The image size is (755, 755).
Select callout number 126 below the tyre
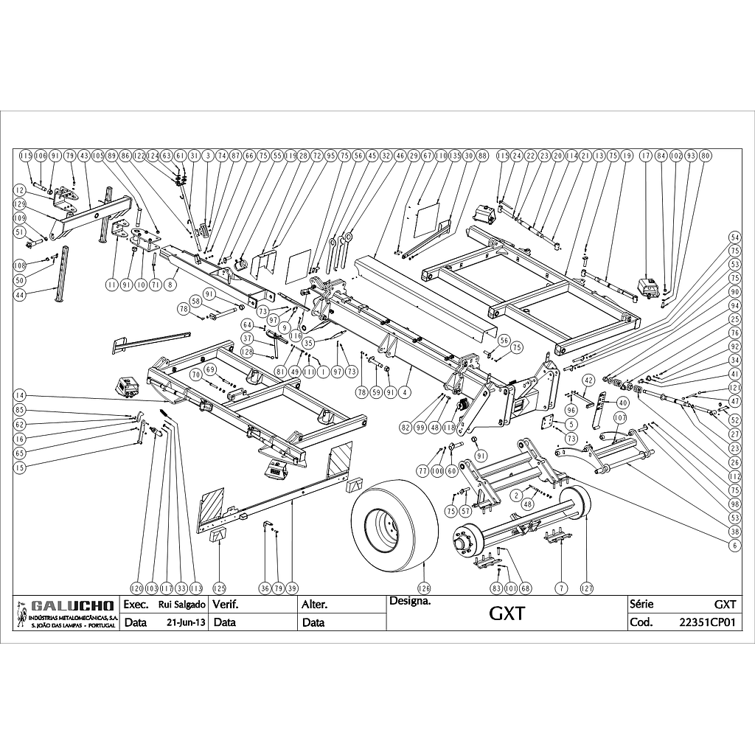click(424, 588)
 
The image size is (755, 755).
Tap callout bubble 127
click(587, 588)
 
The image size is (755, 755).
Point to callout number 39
click(292, 588)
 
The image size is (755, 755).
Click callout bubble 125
click(219, 588)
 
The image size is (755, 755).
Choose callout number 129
click(19, 203)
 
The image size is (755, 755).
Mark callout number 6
click(734, 545)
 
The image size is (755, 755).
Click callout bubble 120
click(136, 588)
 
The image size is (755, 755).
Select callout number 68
click(525, 588)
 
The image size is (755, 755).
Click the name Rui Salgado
click(181, 605)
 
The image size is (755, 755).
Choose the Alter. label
click(314, 605)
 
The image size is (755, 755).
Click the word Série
click(642, 604)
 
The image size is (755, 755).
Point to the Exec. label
click(136, 605)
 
